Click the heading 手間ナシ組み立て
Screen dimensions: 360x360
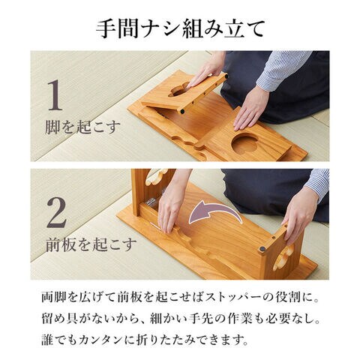click(180, 28)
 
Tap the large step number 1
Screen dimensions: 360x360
click(55, 94)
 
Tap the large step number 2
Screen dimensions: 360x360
click(57, 212)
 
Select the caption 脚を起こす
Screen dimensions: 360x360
click(82, 127)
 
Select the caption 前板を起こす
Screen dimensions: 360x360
click(91, 244)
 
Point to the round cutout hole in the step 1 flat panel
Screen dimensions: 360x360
click(244, 144)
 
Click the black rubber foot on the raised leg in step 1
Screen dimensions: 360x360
click(182, 111)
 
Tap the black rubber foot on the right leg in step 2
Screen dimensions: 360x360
click(262, 249)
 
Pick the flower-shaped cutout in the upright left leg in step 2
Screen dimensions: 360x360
click(156, 176)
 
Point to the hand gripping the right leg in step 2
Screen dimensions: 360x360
click(298, 216)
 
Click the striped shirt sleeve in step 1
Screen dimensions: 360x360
click(283, 69)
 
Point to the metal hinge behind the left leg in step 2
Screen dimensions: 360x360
click(151, 202)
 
